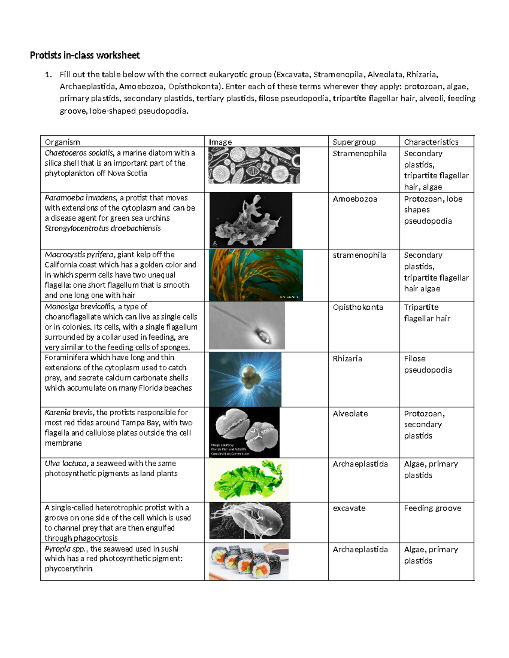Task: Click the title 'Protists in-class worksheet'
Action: [84, 56]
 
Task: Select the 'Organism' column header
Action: [62, 142]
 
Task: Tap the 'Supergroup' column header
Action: [354, 142]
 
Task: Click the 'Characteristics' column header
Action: [431, 142]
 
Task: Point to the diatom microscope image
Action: [254, 165]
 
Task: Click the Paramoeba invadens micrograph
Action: [251, 220]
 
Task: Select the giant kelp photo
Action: [256, 275]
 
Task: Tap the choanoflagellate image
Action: [247, 325]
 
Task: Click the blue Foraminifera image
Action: [245, 379]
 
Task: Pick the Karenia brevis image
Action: [244, 432]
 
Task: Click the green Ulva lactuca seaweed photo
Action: [248, 480]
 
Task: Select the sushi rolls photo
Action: [249, 561]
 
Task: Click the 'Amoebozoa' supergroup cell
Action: [355, 199]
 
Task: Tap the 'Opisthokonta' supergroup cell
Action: [358, 307]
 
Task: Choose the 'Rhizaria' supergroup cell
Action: [347, 358]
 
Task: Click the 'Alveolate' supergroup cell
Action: [350, 414]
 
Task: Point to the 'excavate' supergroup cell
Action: [349, 508]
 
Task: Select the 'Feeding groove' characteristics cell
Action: [432, 508]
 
